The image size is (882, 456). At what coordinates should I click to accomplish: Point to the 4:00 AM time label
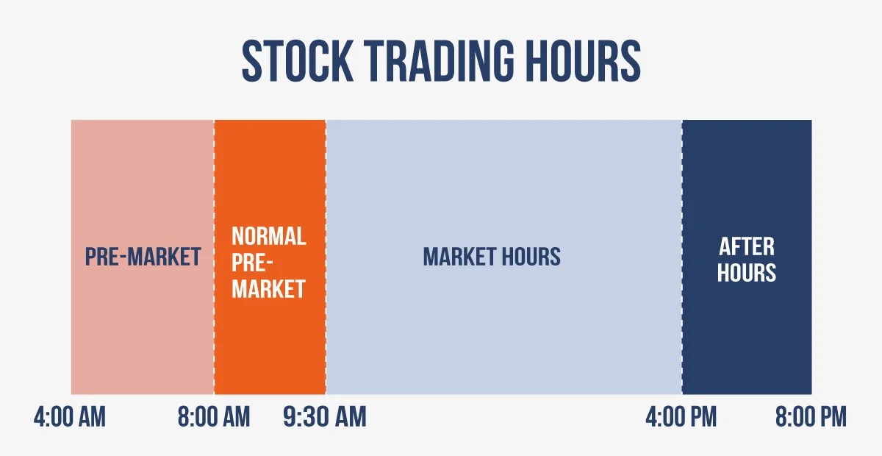tap(70, 418)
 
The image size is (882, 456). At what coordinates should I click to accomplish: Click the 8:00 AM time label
tap(214, 418)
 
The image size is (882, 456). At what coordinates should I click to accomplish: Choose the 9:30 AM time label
tap(324, 418)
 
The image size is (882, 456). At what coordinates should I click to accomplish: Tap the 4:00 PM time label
tap(681, 418)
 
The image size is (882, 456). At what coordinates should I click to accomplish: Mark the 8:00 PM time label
tap(811, 418)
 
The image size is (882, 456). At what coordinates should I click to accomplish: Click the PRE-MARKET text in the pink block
tap(143, 257)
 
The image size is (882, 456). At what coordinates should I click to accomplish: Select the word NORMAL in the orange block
tap(268, 236)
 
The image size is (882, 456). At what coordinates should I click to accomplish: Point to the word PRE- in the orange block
tap(250, 263)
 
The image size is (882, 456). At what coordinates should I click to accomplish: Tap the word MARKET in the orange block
tap(268, 289)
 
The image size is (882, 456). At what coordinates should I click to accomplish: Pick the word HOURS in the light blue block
tap(531, 257)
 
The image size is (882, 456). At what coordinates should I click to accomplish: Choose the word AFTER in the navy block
tap(746, 246)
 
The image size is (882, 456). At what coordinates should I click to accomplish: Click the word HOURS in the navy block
tap(746, 273)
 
